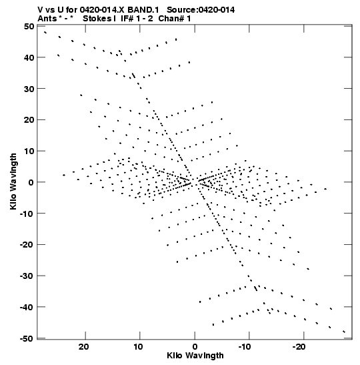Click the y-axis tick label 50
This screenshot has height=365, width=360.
pyautogui.click(x=29, y=27)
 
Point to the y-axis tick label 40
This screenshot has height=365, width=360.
pyautogui.click(x=29, y=57)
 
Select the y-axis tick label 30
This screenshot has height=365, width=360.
pyautogui.click(x=29, y=89)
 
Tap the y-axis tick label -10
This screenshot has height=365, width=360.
pyautogui.click(x=27, y=214)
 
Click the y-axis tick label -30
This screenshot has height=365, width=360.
pyautogui.click(x=27, y=276)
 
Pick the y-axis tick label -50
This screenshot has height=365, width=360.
pyautogui.click(x=27, y=338)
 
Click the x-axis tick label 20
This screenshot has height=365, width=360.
pyautogui.click(x=83, y=347)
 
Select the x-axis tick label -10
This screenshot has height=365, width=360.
pyautogui.click(x=245, y=347)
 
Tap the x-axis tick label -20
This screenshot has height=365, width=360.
pyautogui.click(x=299, y=347)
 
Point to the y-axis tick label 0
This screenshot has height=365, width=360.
pyautogui.click(x=31, y=182)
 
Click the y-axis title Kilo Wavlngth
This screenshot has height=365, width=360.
pyautogui.click(x=13, y=181)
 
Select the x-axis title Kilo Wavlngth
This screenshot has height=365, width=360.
pyautogui.click(x=195, y=356)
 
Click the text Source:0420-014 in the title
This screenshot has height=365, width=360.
pyautogui.click(x=201, y=10)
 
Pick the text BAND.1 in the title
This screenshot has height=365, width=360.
pyautogui.click(x=143, y=10)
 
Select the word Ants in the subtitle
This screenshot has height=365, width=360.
pyautogui.click(x=47, y=19)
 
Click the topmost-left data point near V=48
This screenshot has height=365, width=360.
pyautogui.click(x=45, y=32)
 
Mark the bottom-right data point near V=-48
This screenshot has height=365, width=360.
pyautogui.click(x=344, y=332)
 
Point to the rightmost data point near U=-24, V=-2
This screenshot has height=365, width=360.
pyautogui.click(x=325, y=189)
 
